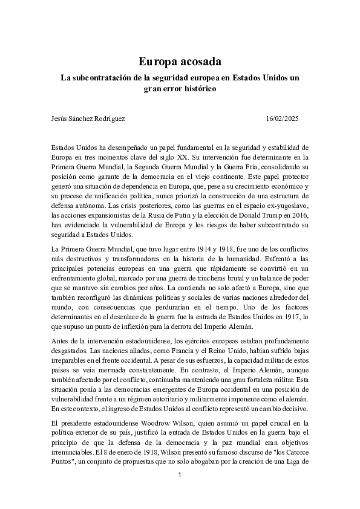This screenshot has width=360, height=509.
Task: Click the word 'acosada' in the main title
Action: point(201,61)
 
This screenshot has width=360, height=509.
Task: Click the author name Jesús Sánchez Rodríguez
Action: point(88,118)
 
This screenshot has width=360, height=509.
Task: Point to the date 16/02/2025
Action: point(282,118)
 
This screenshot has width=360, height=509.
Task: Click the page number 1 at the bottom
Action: point(180,476)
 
